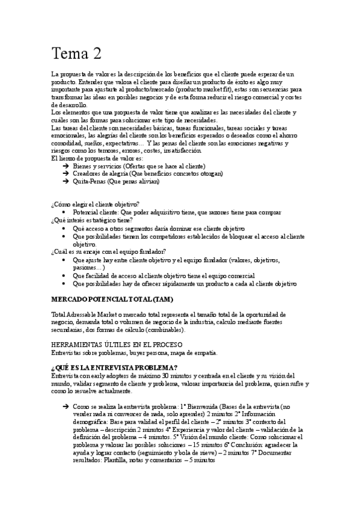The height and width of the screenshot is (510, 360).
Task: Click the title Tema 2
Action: (76, 54)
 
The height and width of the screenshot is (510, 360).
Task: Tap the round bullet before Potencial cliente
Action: (65, 213)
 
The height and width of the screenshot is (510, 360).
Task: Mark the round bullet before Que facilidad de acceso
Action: (65, 275)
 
